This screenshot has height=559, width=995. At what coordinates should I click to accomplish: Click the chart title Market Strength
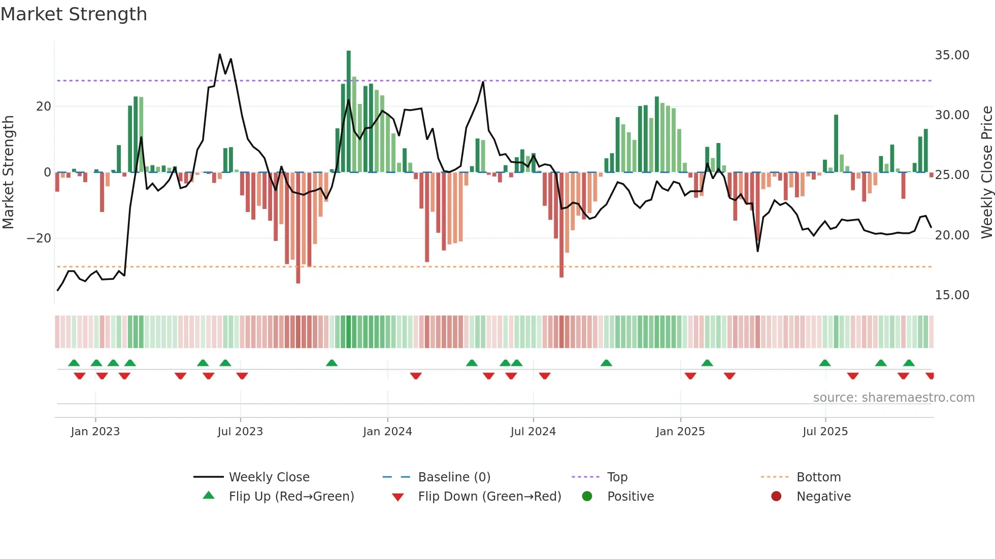coord(74,14)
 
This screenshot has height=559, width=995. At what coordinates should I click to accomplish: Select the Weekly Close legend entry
coord(269,477)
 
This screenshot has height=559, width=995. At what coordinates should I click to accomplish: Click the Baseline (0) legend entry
coord(454,477)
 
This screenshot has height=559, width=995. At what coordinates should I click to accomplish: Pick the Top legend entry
coord(617,477)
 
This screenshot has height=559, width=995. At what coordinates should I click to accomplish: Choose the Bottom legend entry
coord(818,477)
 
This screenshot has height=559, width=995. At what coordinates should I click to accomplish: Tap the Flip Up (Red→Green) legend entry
coord(291,496)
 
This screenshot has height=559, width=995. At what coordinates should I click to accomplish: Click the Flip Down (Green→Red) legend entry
coord(489,496)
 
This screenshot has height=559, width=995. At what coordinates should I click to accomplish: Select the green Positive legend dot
coord(587,496)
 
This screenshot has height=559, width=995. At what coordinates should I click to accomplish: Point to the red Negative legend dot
coord(776,496)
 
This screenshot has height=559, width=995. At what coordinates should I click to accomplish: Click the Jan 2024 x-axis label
coord(387,431)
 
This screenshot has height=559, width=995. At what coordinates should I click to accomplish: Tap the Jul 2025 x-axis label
coord(825,431)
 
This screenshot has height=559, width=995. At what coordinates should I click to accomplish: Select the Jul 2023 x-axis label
coord(240,431)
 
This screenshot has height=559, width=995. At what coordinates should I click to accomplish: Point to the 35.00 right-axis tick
coord(952,55)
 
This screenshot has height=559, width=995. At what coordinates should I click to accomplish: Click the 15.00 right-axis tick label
coord(952,295)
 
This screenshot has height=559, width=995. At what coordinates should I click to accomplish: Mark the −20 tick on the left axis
coord(39,238)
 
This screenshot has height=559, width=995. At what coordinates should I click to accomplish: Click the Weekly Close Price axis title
coord(986,172)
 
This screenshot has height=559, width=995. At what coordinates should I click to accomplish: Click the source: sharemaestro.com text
coord(893,397)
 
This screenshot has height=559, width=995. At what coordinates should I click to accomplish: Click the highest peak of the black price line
coord(220,54)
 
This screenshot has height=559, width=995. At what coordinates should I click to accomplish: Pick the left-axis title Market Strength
coord(8,172)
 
